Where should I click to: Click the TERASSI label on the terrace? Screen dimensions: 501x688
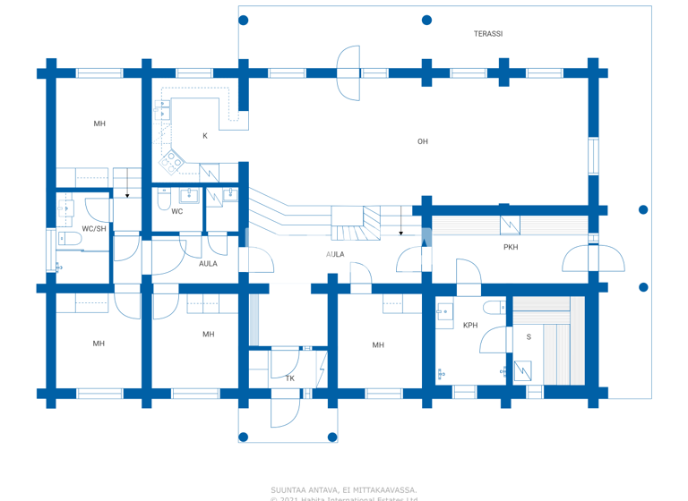(487, 34)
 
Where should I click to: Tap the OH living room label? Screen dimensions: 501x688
(422, 141)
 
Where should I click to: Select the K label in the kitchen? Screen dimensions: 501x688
(205, 136)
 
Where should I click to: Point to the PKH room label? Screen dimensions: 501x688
(510, 247)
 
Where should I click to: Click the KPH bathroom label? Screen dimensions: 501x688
(470, 326)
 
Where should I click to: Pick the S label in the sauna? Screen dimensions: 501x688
(529, 337)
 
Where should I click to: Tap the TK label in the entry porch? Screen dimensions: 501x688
(289, 378)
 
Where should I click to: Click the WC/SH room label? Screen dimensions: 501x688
(94, 229)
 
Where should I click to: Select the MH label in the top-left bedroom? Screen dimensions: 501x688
(99, 123)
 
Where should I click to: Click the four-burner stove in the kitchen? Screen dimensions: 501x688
(171, 162)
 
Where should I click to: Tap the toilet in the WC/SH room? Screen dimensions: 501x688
(67, 240)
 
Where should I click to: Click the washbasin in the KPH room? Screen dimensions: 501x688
(445, 313)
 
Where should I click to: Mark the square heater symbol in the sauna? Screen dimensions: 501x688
(522, 369)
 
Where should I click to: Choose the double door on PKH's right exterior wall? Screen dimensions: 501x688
(593, 259)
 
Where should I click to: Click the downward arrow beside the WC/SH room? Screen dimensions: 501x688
(128, 193)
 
